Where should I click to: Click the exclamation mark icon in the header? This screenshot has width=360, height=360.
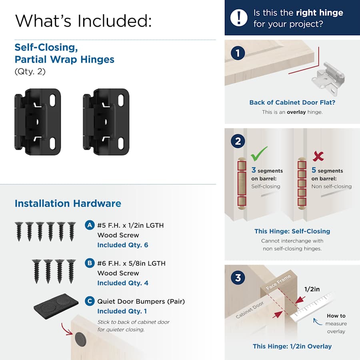point(239,18)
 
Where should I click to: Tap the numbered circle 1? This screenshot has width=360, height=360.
point(238,53)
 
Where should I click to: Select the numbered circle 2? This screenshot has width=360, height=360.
point(238,141)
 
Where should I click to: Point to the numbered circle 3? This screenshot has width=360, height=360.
point(238,278)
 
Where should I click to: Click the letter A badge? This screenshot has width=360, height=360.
point(90,225)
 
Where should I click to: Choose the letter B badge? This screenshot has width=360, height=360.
point(90,263)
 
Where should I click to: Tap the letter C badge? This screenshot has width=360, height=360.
point(90,301)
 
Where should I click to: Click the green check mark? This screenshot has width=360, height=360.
point(259,154)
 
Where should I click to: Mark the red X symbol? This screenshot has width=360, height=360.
point(318,156)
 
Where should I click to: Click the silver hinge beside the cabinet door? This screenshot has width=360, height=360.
point(328,78)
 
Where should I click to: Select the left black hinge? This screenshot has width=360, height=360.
point(38,122)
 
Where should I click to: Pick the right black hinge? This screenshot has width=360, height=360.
point(106,122)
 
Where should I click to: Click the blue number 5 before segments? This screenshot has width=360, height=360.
point(314,170)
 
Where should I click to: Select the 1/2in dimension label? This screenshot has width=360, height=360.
point(312,289)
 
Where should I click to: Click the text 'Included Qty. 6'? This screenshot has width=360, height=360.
point(123,245)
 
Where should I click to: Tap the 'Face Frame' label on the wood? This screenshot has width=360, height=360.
point(278,282)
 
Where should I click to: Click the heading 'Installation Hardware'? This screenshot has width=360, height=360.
point(68,204)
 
